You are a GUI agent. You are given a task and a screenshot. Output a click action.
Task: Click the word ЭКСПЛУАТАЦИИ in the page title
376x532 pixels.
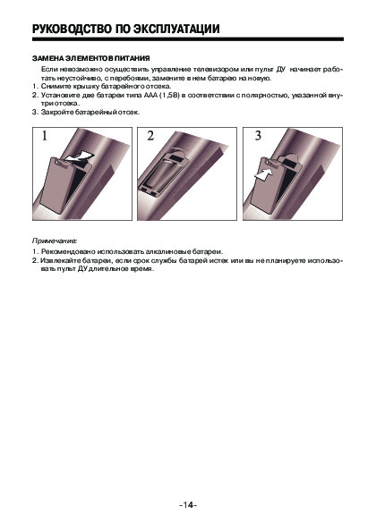click(x=176, y=29)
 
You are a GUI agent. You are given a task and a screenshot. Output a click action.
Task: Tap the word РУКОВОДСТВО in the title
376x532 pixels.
click(x=72, y=29)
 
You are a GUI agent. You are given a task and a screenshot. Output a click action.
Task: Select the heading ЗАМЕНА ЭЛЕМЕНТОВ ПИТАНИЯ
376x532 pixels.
click(x=91, y=58)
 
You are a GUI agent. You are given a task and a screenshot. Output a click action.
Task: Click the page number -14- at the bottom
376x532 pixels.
click(x=188, y=505)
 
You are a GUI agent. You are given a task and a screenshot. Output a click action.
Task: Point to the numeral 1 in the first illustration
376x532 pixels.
click(x=45, y=136)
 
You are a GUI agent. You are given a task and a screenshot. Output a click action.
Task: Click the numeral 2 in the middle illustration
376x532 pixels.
click(x=150, y=136)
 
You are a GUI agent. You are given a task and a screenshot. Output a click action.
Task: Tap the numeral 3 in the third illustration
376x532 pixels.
click(x=258, y=136)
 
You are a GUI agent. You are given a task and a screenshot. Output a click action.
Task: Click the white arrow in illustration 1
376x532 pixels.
click(x=78, y=156)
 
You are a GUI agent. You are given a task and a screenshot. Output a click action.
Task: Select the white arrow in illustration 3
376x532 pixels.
click(x=264, y=174)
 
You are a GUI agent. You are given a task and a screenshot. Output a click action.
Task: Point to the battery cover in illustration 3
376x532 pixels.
click(x=269, y=186)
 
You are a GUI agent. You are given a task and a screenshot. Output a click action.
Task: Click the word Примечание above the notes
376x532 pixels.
click(x=55, y=241)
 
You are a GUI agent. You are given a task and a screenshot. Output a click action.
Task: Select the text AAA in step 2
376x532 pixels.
click(x=150, y=96)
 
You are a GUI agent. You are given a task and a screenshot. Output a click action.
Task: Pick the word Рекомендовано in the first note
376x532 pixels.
click(x=68, y=252)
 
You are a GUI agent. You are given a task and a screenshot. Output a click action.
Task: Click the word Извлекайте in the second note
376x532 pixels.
click(x=60, y=261)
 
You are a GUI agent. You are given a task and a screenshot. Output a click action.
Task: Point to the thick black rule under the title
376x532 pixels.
click(x=188, y=39)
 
